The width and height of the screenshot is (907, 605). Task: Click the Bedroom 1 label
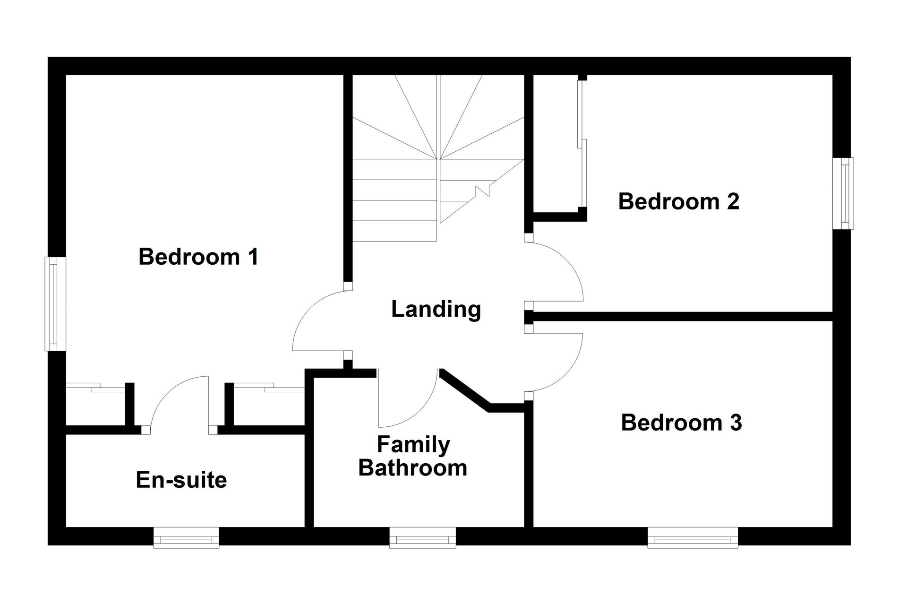point(198,257)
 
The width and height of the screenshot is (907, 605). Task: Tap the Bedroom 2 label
point(679,201)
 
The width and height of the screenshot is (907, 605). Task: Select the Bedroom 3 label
point(681,423)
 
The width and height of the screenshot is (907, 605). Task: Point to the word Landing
point(436,310)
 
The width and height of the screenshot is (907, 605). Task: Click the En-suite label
point(181,480)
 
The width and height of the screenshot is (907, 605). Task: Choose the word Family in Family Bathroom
point(413,445)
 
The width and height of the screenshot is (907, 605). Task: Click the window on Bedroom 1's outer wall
point(55,304)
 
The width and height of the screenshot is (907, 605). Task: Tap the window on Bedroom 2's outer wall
point(843,193)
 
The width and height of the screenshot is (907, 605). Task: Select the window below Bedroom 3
point(693,537)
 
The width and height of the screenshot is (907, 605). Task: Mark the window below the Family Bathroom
point(422,537)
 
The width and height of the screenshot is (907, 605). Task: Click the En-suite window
point(186,537)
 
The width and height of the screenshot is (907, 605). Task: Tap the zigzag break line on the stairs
point(483,190)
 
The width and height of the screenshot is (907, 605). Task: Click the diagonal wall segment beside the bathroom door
point(465,390)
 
